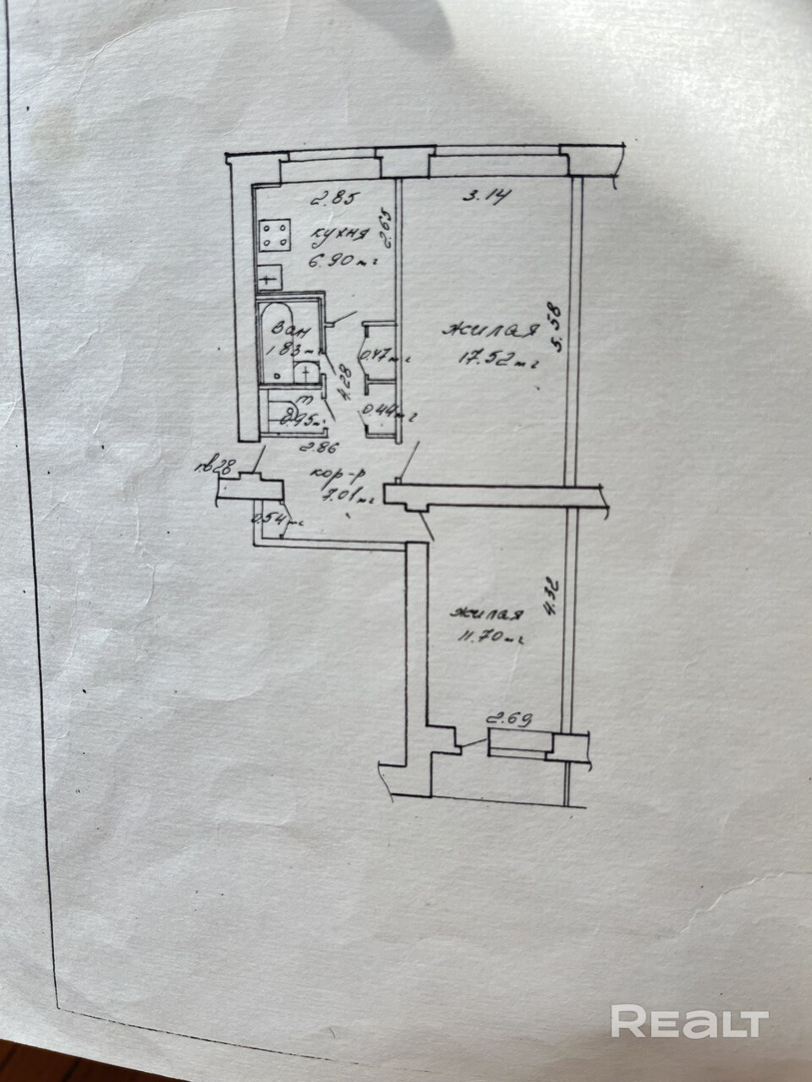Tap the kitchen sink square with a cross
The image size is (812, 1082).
click(x=269, y=276)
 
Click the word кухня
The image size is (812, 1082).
click(x=340, y=234)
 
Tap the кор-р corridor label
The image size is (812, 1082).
click(x=348, y=476)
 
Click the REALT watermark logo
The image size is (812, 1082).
click(x=689, y=1022)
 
